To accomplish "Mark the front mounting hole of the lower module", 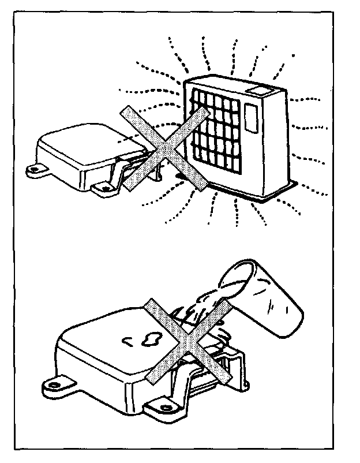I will (159, 410).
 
